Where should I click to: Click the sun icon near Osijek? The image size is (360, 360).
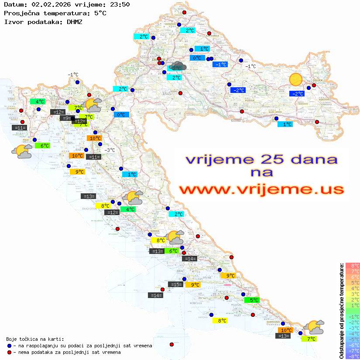pos(296,79)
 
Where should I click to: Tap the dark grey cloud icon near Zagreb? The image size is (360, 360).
pos(178,66)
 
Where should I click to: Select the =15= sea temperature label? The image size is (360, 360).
pos(175,285)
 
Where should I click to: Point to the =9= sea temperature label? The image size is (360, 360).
pos(67,118)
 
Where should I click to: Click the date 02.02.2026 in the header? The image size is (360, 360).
pos(46,4)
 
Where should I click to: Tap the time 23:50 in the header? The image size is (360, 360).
pos(120,4)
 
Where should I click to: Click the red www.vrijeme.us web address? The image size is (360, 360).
pos(261,189)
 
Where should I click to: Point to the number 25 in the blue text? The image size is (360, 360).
pos(271,159)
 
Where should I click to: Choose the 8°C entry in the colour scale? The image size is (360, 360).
pos(353,265)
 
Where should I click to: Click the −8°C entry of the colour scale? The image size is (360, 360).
pos(353,356)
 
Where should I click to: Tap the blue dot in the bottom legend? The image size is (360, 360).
pos(9,346)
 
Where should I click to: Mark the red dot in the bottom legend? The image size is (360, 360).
pos(9,352)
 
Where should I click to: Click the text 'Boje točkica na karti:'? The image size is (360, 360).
pos(34,339)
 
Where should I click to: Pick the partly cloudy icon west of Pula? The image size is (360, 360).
pos(22,151)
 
